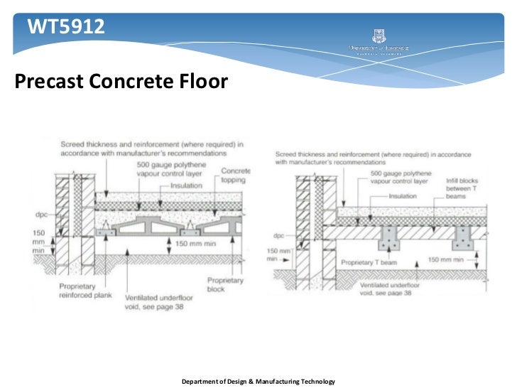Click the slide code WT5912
(65, 28)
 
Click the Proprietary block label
(225, 285)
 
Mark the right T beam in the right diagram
(465, 241)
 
